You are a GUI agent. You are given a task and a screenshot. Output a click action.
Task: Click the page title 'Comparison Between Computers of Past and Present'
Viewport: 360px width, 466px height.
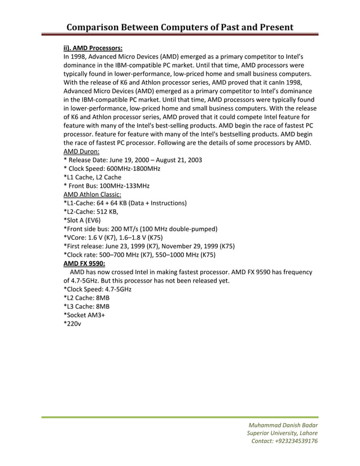(179, 27)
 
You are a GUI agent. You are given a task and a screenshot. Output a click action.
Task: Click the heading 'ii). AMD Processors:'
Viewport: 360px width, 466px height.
(93, 49)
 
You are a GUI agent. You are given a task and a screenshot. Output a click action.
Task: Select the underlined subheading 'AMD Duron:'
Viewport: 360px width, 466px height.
(82, 151)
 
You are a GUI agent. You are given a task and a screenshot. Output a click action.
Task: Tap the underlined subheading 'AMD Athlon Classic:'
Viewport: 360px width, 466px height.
(92, 194)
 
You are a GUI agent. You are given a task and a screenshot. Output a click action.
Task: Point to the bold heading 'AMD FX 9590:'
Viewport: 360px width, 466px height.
(84, 263)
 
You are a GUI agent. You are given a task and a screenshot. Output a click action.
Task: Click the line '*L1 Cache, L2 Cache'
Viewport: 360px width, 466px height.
(93, 177)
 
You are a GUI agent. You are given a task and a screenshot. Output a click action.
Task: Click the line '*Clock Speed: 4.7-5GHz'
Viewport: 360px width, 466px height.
(98, 289)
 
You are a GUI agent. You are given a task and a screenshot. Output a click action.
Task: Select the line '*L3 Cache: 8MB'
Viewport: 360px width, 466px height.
(86, 306)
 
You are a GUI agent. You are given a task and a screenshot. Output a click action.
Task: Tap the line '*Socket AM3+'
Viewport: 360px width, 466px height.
(85, 315)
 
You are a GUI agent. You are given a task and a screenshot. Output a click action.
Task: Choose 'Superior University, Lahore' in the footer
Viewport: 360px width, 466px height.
(282, 433)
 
